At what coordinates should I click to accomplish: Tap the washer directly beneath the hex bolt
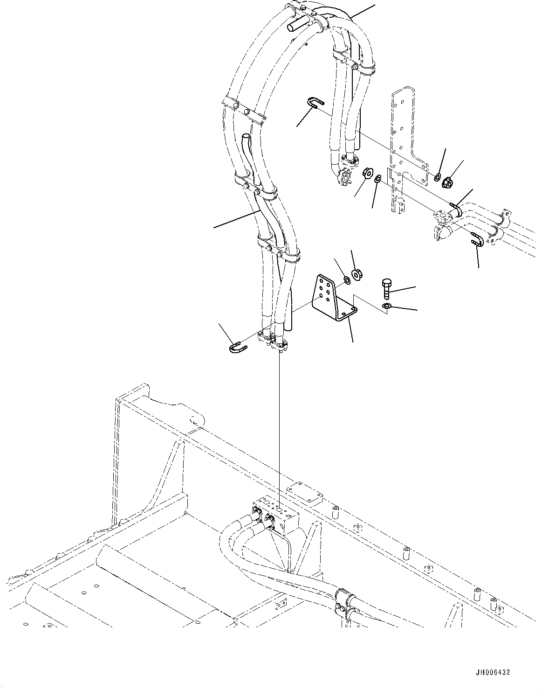(386, 306)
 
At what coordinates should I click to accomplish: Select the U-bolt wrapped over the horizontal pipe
(456, 208)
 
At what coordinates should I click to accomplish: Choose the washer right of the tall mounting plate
(437, 177)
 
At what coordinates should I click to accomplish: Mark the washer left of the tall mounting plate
(378, 178)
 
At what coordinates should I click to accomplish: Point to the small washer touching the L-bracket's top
(346, 280)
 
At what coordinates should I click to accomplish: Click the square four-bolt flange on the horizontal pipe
(441, 218)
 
